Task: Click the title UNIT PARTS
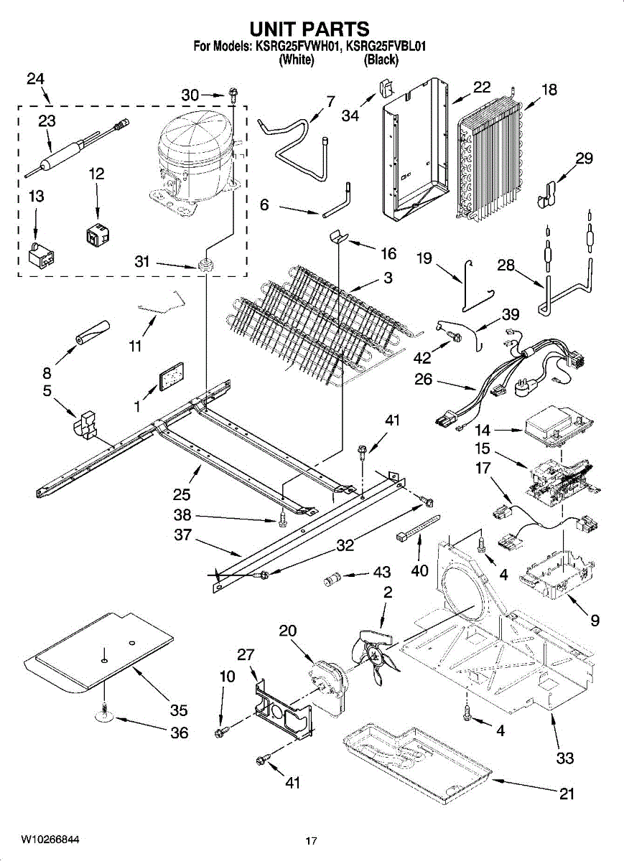click(x=309, y=29)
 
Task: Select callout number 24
click(x=36, y=79)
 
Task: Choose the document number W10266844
click(x=50, y=839)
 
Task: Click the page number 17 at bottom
click(x=311, y=841)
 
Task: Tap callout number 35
click(x=179, y=710)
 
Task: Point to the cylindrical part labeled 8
click(x=91, y=333)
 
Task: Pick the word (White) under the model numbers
click(x=297, y=60)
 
